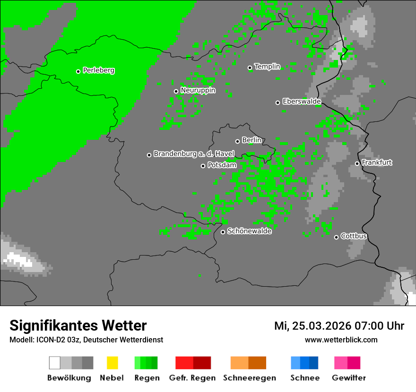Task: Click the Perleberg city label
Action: click(98, 70)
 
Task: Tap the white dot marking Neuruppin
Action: click(176, 91)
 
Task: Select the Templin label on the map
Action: click(267, 67)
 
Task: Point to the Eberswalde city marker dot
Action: click(277, 102)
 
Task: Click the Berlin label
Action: click(251, 140)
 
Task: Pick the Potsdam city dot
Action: click(203, 166)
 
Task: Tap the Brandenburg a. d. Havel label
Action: click(194, 154)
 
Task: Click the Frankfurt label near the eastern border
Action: click(377, 162)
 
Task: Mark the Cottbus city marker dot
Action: click(336, 237)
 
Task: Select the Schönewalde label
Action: click(249, 231)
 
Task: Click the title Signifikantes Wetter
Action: click(78, 326)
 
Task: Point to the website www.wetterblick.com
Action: click(341, 340)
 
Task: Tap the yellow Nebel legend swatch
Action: click(112, 363)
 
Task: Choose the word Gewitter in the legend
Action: click(348, 378)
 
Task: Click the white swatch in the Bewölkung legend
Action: click(55, 363)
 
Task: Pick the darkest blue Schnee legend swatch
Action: click(314, 363)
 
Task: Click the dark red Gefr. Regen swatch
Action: click(202, 363)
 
